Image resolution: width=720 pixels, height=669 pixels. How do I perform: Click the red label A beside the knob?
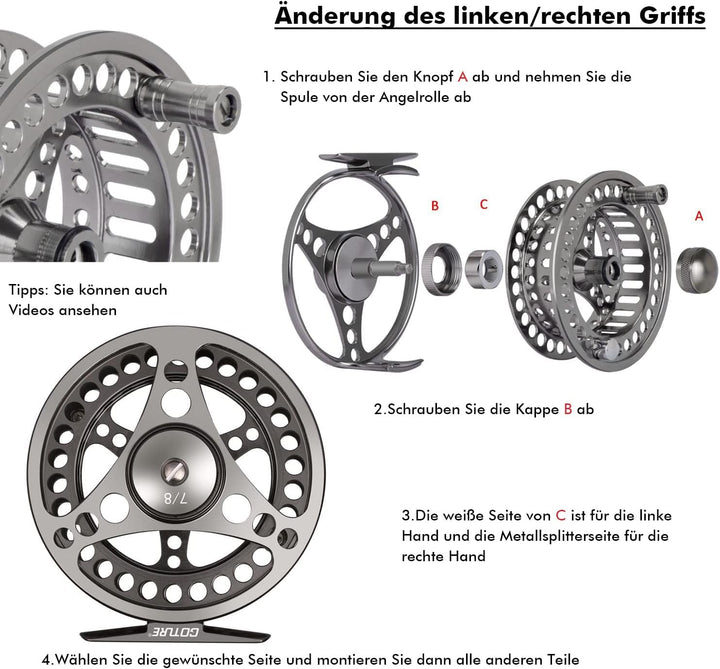point(698,215)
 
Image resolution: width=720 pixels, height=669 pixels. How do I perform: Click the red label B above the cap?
point(435,206)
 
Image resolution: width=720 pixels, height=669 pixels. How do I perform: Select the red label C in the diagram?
point(484,204)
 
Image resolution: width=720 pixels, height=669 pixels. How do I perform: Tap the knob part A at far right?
point(697,267)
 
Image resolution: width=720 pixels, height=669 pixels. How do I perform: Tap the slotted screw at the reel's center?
point(175,467)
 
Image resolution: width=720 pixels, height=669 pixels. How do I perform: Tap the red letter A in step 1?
point(462,77)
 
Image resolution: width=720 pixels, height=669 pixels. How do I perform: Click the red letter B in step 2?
point(568,408)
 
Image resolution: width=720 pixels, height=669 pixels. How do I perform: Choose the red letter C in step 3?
point(561,515)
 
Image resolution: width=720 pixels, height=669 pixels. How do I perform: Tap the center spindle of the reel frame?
point(386,266)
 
